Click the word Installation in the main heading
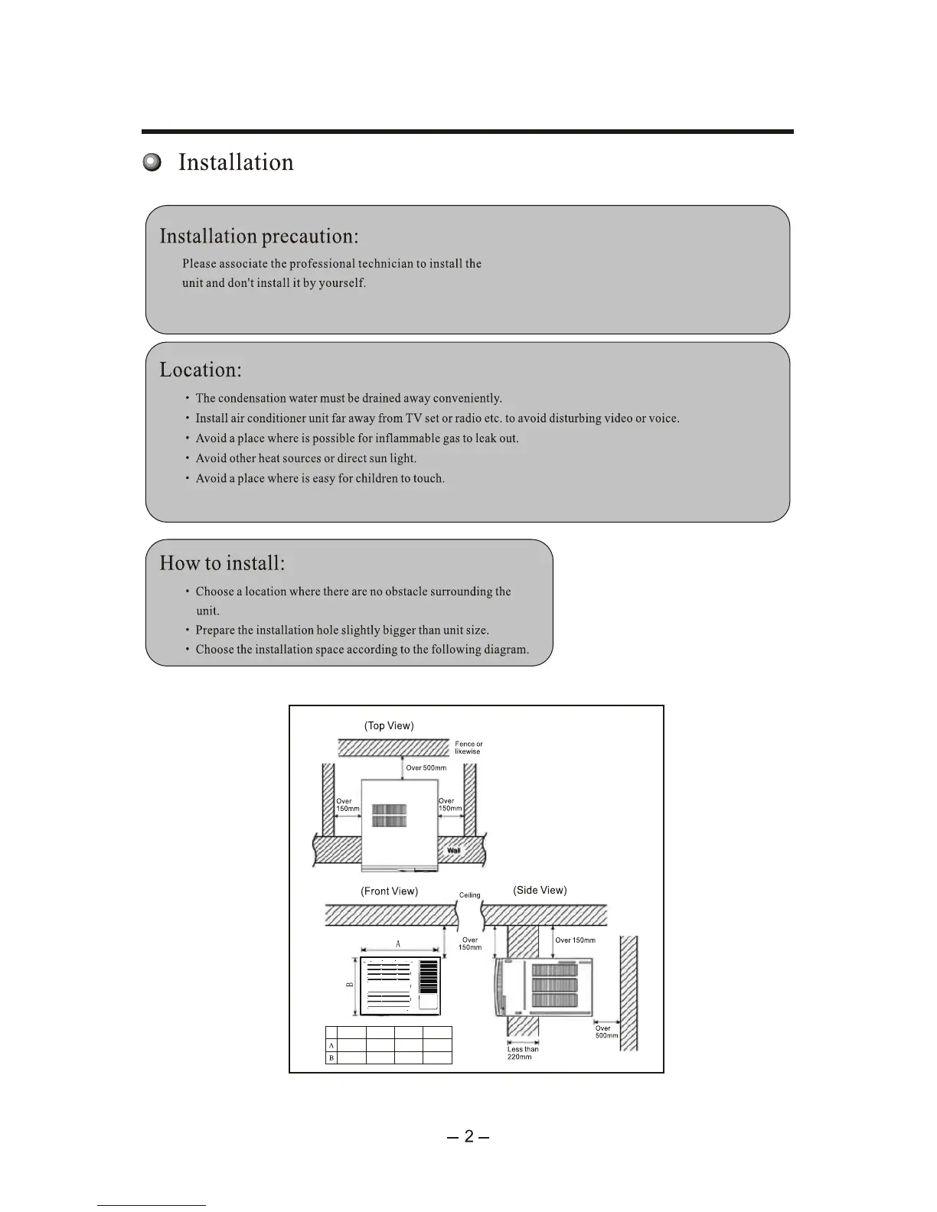click(236, 162)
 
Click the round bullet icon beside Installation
click(153, 162)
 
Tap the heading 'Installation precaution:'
click(259, 236)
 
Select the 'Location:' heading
click(201, 370)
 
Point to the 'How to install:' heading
click(222, 564)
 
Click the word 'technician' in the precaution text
click(385, 264)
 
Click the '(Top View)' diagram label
click(389, 725)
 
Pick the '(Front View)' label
click(389, 891)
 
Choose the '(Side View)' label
click(540, 891)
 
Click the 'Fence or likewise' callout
click(468, 748)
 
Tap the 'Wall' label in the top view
click(454, 850)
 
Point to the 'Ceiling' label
click(470, 895)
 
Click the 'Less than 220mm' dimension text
click(522, 1053)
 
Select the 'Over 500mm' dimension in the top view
click(426, 767)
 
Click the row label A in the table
click(331, 1045)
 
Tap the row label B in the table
click(331, 1058)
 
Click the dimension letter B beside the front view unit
click(349, 986)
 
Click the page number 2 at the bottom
click(468, 1136)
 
